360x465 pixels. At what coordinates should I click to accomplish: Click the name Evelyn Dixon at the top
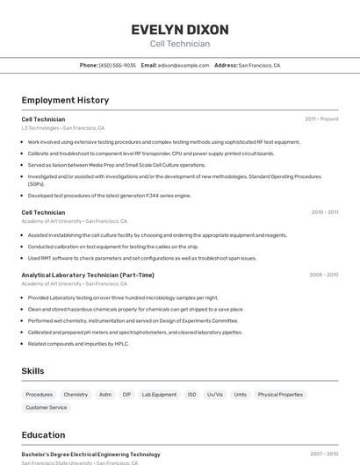[180, 29]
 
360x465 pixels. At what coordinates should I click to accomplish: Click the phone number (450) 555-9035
[117, 65]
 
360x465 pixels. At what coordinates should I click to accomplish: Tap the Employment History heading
[65, 100]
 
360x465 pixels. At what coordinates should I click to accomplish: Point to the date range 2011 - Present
[321, 119]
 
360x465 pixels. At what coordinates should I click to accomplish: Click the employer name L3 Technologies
[40, 128]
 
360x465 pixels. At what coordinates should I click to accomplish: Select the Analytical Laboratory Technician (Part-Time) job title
[88, 275]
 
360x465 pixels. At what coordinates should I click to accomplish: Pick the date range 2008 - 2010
[323, 275]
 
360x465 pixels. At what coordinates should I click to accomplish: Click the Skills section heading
[32, 371]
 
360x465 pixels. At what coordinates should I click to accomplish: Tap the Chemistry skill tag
[76, 395]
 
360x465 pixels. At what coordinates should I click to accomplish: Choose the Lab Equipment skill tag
[159, 395]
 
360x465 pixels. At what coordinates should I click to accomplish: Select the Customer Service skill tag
[46, 407]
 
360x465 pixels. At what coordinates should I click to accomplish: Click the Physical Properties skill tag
[280, 395]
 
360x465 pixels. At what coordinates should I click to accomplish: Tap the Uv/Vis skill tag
[215, 395]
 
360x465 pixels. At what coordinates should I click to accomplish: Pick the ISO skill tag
[191, 395]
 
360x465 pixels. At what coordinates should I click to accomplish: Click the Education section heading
[43, 435]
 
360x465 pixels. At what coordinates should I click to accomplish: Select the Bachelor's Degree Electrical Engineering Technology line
[90, 454]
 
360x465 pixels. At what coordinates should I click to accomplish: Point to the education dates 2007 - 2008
[323, 454]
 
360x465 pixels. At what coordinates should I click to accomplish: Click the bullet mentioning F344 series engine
[109, 196]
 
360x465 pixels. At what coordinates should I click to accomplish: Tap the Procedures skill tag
[40, 395]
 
